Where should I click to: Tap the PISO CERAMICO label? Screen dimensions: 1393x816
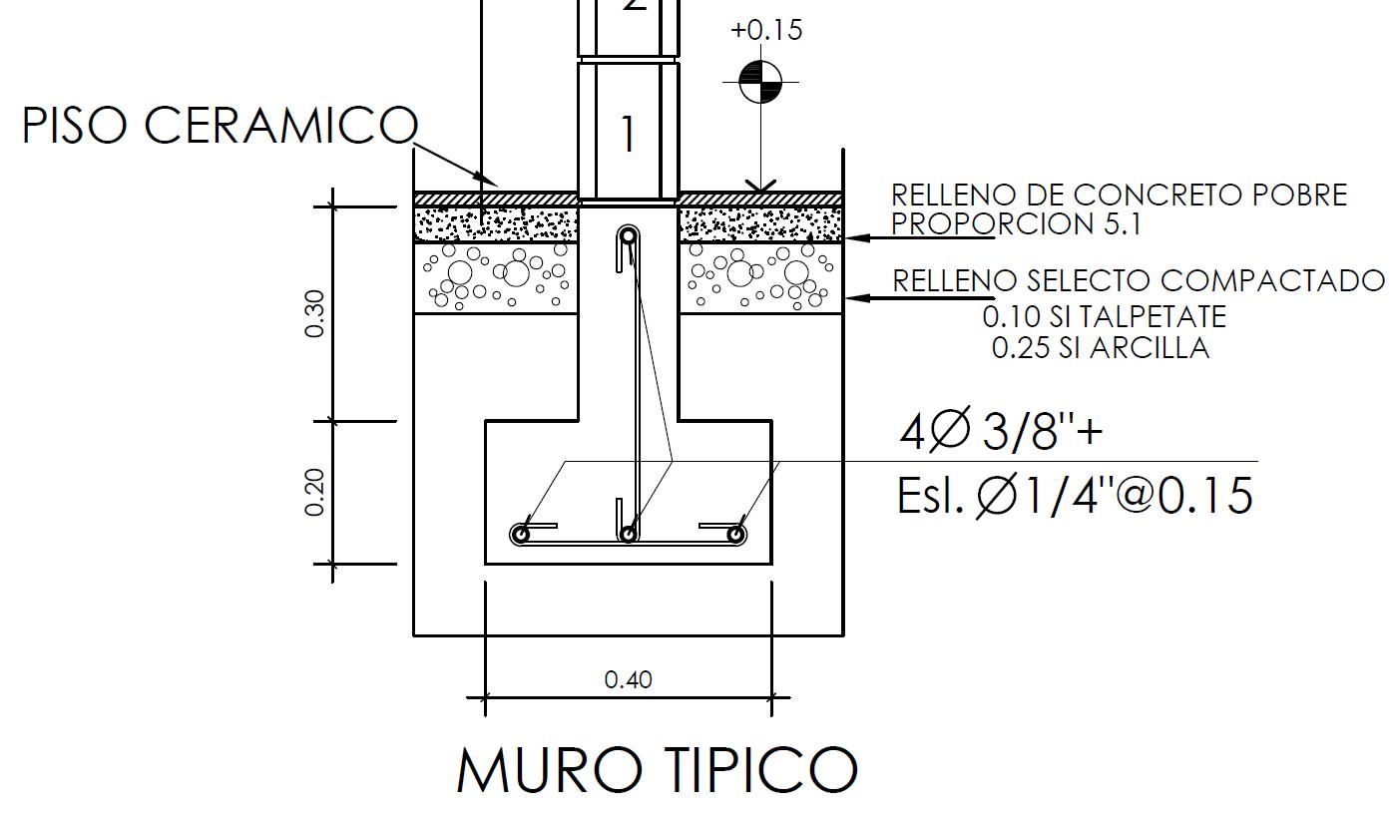coord(221,125)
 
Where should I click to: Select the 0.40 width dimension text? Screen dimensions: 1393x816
coord(628,680)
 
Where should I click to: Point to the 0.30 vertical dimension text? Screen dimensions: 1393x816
coord(315,313)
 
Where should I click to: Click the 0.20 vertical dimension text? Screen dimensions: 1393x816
coord(315,492)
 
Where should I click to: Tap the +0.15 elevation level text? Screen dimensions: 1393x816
coord(766,30)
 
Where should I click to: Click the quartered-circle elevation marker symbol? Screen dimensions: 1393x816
coord(760,82)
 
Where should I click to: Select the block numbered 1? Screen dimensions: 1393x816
coord(629,134)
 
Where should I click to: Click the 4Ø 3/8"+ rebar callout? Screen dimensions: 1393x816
coord(1001,429)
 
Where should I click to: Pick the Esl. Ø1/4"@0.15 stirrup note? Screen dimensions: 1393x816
coord(1075,496)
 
